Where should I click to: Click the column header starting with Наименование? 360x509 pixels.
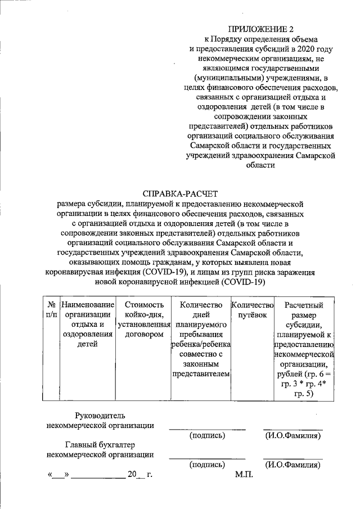[88, 305]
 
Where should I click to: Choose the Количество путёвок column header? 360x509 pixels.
[252, 310]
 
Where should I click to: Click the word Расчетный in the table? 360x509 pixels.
[304, 305]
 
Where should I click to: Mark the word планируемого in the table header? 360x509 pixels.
[201, 325]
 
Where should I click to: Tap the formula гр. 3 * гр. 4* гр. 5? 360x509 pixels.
[304, 389]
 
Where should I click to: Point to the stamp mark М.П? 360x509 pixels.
[245, 475]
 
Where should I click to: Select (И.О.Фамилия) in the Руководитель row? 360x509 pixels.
[292, 435]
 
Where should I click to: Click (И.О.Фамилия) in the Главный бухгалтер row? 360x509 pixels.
[292, 465]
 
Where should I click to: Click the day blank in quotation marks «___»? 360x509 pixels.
[58, 475]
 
